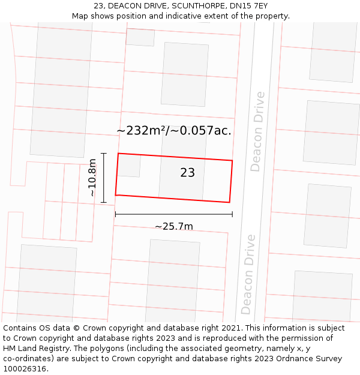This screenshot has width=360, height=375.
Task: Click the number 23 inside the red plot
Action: click(x=187, y=173)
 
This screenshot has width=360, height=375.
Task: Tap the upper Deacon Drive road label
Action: click(x=257, y=131)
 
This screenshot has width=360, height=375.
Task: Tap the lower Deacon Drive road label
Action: click(x=247, y=274)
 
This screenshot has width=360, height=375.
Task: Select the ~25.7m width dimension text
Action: click(x=174, y=226)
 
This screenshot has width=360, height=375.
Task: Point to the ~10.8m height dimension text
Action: click(x=91, y=178)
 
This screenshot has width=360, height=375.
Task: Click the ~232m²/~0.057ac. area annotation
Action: click(x=174, y=130)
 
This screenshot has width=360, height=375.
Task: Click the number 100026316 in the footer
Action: click(x=25, y=369)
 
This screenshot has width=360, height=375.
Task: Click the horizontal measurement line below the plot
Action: click(x=173, y=214)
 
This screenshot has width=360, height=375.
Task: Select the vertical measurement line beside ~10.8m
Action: click(x=104, y=178)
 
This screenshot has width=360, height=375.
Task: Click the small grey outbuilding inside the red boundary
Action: click(x=129, y=165)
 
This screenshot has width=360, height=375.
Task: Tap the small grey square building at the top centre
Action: click(x=140, y=37)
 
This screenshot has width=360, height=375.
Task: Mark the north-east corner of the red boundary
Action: click(x=232, y=161)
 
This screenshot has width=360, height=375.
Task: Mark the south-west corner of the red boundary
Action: click(x=116, y=195)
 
